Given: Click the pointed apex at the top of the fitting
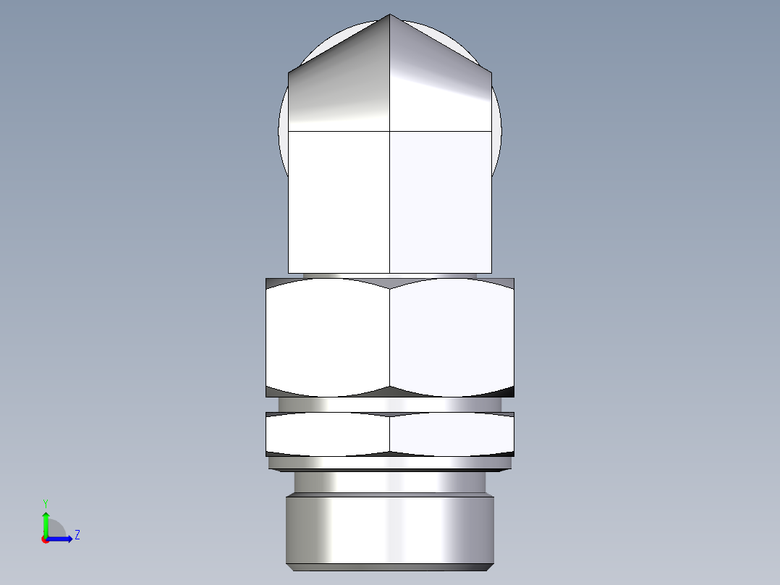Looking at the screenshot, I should (390, 15).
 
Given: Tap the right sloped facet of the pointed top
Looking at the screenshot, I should (441, 87).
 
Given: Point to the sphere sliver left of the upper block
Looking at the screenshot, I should (283, 138).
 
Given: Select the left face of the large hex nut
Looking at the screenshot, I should (328, 337).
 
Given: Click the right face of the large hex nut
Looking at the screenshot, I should (452, 337).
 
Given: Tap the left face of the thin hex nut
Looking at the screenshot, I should (328, 434).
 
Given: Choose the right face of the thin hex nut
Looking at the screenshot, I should (452, 434).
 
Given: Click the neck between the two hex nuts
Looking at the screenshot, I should (390, 404).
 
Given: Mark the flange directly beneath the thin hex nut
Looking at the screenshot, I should (390, 463).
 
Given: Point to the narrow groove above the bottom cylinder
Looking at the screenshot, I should (390, 482).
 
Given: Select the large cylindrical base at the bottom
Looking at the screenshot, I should (390, 529).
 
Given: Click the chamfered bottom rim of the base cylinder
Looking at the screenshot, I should (390, 567).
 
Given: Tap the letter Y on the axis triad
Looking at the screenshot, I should (45, 502).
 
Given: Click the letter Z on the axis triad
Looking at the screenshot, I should (77, 535).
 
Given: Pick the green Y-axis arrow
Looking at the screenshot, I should (45, 521).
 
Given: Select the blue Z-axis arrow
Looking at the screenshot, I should (62, 539).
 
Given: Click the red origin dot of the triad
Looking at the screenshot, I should (45, 539).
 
